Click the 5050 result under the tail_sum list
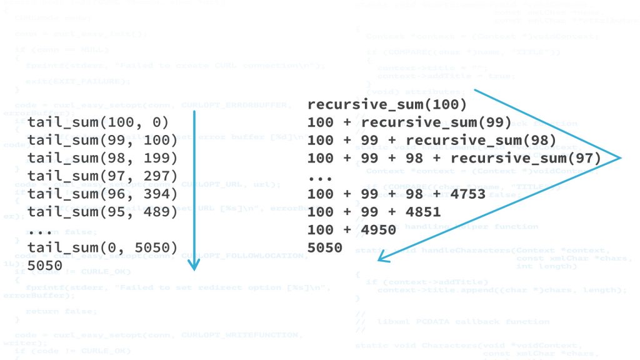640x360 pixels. click(45, 266)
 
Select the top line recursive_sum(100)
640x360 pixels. click(387, 104)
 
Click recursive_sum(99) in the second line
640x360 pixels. click(436, 122)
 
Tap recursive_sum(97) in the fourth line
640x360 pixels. click(525, 158)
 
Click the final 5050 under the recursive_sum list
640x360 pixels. click(325, 248)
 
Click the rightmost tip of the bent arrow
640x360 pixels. click(621, 157)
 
